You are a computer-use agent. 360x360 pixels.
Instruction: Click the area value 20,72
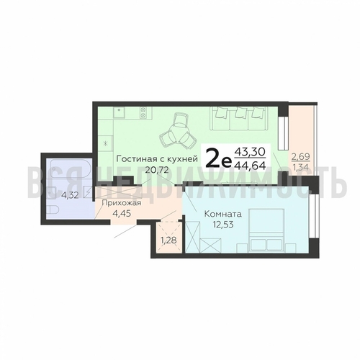click(x=156, y=170)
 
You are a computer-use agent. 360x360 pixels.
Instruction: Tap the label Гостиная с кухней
click(x=157, y=159)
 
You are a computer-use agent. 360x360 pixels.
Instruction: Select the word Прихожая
click(x=122, y=203)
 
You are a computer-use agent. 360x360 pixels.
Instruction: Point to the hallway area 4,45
click(x=122, y=213)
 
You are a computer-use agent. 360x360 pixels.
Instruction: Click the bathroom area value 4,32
click(x=70, y=195)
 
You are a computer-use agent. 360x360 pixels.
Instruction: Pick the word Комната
click(x=222, y=214)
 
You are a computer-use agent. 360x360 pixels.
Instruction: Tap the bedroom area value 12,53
click(x=223, y=225)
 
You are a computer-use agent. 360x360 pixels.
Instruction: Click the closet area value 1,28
click(x=169, y=240)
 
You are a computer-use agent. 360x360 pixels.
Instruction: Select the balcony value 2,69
click(x=300, y=157)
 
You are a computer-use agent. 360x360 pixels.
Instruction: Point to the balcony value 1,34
click(x=300, y=167)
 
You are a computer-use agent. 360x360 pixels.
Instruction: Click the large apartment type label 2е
click(x=219, y=159)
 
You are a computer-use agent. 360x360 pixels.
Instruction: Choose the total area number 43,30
click(x=250, y=152)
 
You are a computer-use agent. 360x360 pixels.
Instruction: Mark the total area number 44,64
click(x=250, y=166)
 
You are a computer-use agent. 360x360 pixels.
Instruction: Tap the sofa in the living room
click(x=238, y=118)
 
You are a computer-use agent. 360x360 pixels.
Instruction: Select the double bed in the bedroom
click(x=266, y=230)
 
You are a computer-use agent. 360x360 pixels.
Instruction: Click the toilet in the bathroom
click(x=53, y=210)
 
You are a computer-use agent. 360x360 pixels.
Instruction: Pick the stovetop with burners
click(x=143, y=112)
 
